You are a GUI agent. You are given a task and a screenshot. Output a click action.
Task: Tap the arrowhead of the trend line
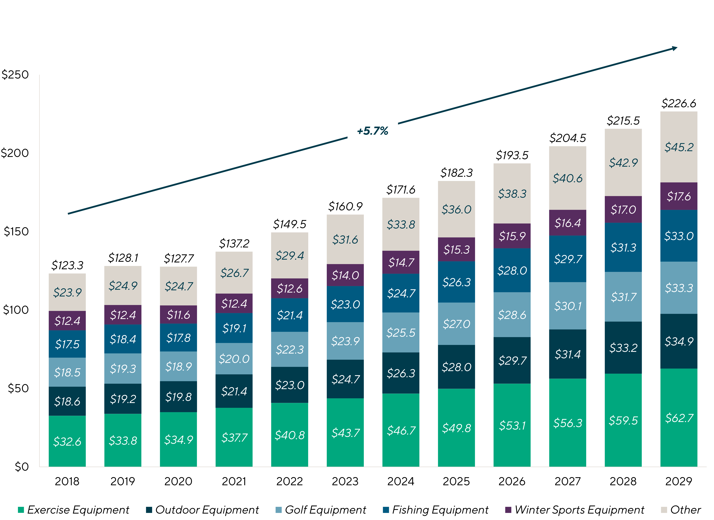click(675, 49)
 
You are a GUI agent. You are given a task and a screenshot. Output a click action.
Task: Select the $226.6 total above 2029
click(679, 103)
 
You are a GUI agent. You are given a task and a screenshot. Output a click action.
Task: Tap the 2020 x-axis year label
click(178, 481)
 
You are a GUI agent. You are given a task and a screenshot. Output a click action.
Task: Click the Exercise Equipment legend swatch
click(21, 510)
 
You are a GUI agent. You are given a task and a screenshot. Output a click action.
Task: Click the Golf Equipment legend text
click(325, 510)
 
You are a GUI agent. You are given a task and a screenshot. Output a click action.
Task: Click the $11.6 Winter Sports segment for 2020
click(178, 314)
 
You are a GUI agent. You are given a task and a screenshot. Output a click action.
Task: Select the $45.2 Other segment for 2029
click(679, 147)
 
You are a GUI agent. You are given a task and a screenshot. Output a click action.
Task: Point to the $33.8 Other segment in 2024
click(401, 224)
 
